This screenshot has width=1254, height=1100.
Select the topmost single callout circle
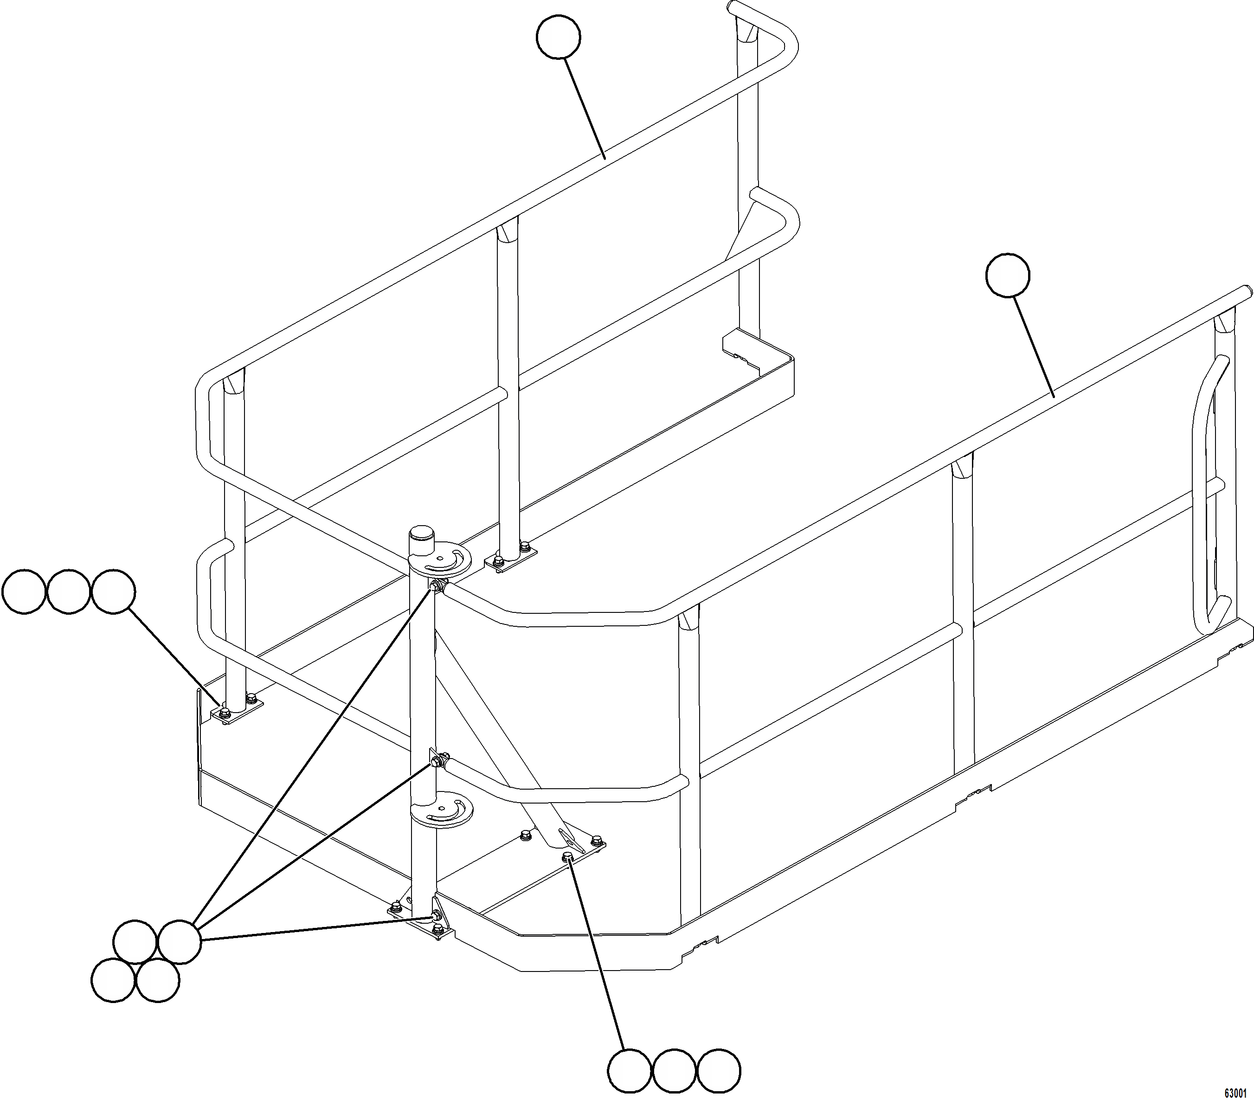pos(558,38)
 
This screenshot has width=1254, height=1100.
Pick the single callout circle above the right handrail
pos(1007,276)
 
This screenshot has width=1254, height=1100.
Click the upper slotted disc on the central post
pos(440,560)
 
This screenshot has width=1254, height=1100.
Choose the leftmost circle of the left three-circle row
pos(24,592)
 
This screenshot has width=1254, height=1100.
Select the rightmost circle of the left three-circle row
pos(113,592)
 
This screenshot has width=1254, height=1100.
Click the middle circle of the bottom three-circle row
pos(674,1071)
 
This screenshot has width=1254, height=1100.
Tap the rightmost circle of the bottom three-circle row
pos(719,1071)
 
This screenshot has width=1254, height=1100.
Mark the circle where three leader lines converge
pos(179,941)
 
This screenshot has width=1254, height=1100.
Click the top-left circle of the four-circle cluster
pos(135,941)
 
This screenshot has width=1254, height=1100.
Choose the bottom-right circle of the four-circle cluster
pos(158,980)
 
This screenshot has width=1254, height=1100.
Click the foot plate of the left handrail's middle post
pos(510,560)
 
